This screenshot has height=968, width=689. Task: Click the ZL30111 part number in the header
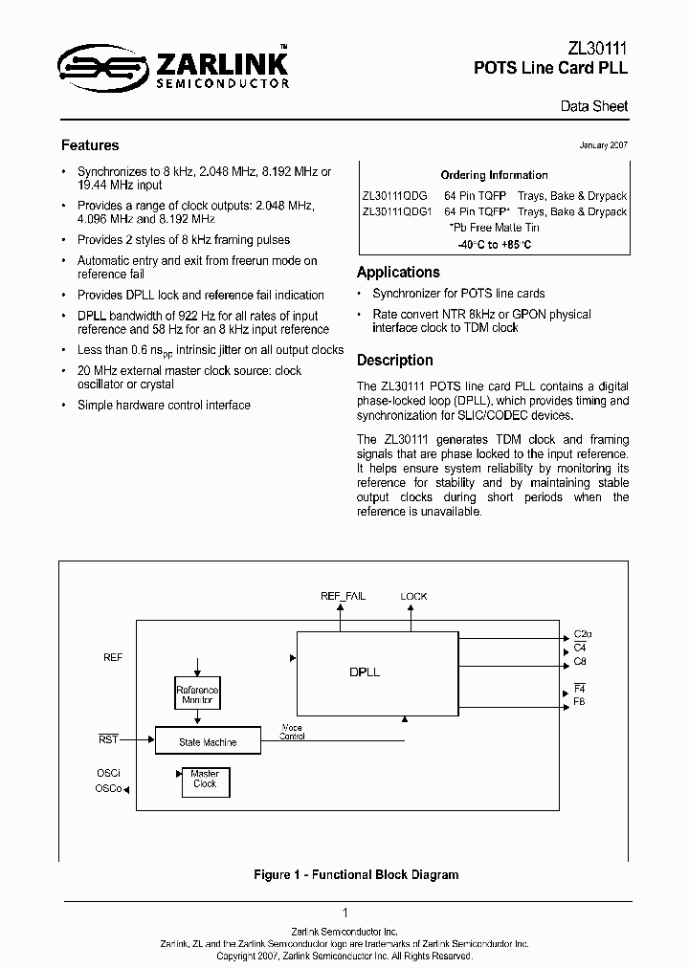point(598,49)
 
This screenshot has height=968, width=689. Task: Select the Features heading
point(90,145)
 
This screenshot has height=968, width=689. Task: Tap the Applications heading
point(398,272)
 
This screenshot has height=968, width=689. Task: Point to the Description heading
point(394,360)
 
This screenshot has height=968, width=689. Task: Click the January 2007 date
point(604,144)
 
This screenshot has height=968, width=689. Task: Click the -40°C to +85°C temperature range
point(494,245)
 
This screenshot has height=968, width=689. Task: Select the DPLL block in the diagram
point(365,671)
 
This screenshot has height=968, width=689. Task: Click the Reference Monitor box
point(197,695)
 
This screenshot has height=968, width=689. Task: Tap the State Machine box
point(208,741)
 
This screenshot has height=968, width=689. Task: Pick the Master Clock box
point(205,779)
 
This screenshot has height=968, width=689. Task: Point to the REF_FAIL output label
point(343,596)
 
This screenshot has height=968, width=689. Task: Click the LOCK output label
point(413,596)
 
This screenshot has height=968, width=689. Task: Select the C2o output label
point(583,634)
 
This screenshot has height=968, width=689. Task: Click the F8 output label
point(579,702)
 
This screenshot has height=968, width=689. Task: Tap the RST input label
point(108,739)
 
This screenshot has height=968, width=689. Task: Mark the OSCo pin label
point(107,788)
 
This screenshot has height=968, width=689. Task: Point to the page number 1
point(344,913)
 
